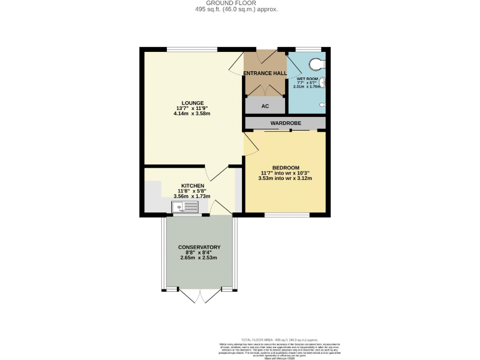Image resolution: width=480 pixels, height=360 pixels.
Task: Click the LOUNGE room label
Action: point(192,102)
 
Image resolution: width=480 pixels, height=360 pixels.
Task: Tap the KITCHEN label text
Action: point(192,186)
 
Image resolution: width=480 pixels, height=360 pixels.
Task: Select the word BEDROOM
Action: point(284,167)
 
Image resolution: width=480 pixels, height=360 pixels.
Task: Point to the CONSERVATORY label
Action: point(199,247)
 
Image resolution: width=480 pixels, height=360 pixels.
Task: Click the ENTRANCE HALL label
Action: point(264,73)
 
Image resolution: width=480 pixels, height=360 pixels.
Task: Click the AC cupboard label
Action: point(265,106)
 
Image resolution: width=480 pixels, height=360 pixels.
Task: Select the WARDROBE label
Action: point(285,123)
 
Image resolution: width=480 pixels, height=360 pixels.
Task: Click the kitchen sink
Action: point(186,206)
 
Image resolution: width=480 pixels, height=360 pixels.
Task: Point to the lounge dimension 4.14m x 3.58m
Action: point(192,114)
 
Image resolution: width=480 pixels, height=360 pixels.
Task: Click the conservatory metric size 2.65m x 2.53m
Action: point(199,258)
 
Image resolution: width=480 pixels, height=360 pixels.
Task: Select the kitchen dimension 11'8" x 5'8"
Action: point(192,191)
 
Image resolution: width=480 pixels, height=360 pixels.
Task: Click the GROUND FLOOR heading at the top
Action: point(240,4)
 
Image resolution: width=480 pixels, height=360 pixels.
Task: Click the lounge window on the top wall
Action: point(191,49)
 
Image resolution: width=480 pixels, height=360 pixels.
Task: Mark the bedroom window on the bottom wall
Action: point(287,215)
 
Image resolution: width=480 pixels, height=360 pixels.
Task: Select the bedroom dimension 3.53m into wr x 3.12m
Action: point(284,178)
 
